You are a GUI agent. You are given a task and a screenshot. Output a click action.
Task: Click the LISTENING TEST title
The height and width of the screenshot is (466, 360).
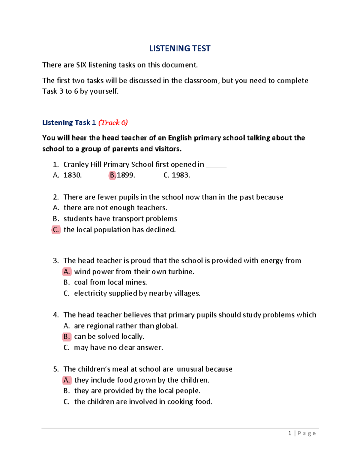(x=180, y=49)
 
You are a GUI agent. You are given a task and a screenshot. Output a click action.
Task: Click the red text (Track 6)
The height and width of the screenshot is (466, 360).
(x=113, y=122)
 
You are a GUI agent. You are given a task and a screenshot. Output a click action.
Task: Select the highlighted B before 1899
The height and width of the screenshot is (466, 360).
(x=112, y=175)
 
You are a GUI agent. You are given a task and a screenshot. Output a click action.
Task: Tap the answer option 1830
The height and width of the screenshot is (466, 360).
(x=73, y=175)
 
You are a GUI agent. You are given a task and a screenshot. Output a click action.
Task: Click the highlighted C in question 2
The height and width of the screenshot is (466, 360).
(x=56, y=230)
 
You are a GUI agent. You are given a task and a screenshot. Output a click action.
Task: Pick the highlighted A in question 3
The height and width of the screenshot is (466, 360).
(x=67, y=272)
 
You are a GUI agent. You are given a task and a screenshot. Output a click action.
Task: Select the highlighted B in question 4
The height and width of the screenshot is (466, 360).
(x=67, y=337)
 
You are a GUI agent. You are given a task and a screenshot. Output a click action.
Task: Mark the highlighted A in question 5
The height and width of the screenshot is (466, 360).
(x=67, y=380)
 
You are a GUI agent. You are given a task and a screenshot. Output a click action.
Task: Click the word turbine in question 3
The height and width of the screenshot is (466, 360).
(x=181, y=272)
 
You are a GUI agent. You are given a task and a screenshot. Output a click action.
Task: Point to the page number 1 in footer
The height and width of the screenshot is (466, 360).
(x=289, y=433)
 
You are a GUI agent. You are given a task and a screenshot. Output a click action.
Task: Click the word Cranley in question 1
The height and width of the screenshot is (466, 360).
(x=76, y=165)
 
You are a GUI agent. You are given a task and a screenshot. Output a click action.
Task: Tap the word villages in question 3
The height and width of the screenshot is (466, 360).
(x=187, y=293)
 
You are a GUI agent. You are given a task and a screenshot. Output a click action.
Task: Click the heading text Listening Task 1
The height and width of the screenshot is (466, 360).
(x=69, y=122)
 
